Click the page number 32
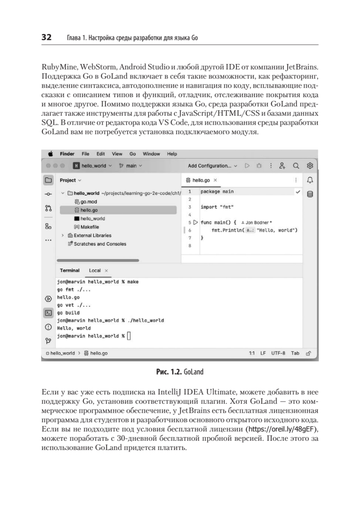46,37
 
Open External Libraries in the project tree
92,235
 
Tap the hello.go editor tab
201,180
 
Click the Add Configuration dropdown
212,165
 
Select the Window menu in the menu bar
151,154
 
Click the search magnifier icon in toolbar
296,165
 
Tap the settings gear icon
310,165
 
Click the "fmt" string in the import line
228,207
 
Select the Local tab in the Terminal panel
95,270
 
